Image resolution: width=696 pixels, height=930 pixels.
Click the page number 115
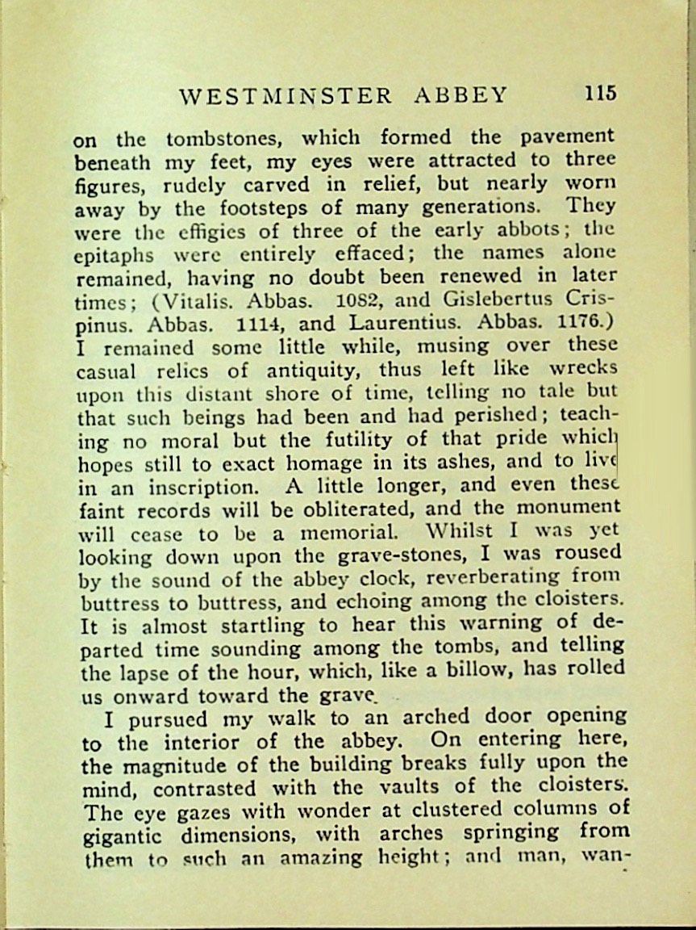pos(600,93)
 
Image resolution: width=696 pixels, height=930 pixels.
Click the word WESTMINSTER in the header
pos(285,96)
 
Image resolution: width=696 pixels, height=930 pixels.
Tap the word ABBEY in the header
pos(461,95)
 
